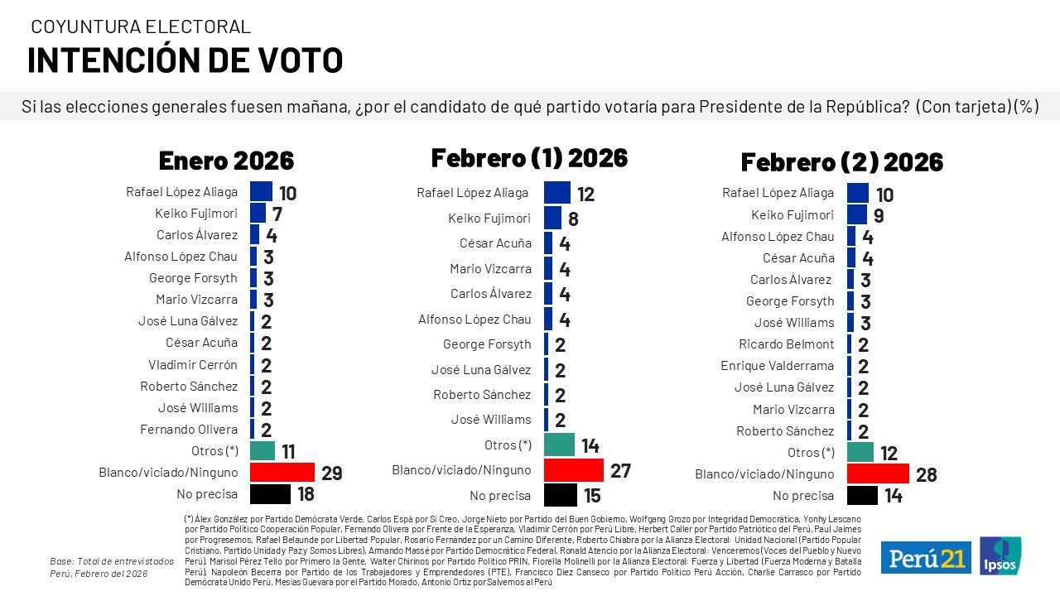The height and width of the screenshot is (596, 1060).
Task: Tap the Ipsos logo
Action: pyautogui.click(x=1000, y=555)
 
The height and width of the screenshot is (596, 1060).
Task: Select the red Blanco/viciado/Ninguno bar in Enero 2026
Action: pyautogui.click(x=282, y=473)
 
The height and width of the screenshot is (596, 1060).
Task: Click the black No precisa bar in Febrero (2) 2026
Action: pyautogui.click(x=862, y=495)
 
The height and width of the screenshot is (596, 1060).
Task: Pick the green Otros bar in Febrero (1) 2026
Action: pyautogui.click(x=560, y=445)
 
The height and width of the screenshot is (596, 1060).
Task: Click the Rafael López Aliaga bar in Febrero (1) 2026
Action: pyautogui.click(x=556, y=193)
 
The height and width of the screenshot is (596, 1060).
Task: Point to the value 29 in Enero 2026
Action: pyautogui.click(x=331, y=473)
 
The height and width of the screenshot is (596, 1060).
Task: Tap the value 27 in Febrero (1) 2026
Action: pyautogui.click(x=620, y=471)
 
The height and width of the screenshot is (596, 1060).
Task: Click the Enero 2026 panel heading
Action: pyautogui.click(x=226, y=160)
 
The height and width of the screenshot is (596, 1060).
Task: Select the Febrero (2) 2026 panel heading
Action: pyautogui.click(x=841, y=161)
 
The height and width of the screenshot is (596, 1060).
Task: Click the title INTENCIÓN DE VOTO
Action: pyautogui.click(x=185, y=60)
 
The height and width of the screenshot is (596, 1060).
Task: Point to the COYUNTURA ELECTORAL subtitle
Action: pyautogui.click(x=141, y=26)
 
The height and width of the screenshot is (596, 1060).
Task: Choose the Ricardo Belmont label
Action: pyautogui.click(x=786, y=344)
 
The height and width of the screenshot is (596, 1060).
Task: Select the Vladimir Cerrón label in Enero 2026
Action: pyautogui.click(x=193, y=364)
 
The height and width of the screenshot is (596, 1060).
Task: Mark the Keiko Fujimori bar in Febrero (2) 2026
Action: pyautogui.click(x=857, y=214)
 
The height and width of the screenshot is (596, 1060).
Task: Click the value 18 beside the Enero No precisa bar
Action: pyautogui.click(x=306, y=495)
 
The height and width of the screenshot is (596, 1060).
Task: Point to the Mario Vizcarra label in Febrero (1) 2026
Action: pyautogui.click(x=490, y=268)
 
